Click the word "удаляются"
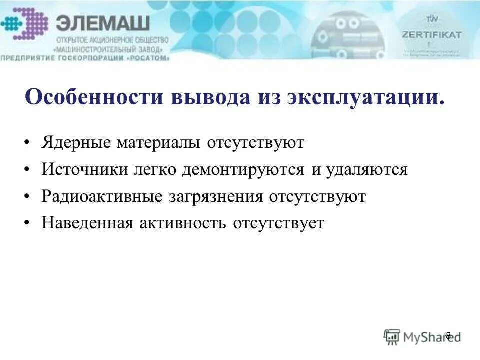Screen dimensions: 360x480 (367, 170)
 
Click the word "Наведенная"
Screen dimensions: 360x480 (87, 223)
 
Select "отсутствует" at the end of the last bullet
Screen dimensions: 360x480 (278, 223)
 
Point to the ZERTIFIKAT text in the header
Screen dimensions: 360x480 (432, 35)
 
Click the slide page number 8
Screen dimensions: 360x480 (448, 335)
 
